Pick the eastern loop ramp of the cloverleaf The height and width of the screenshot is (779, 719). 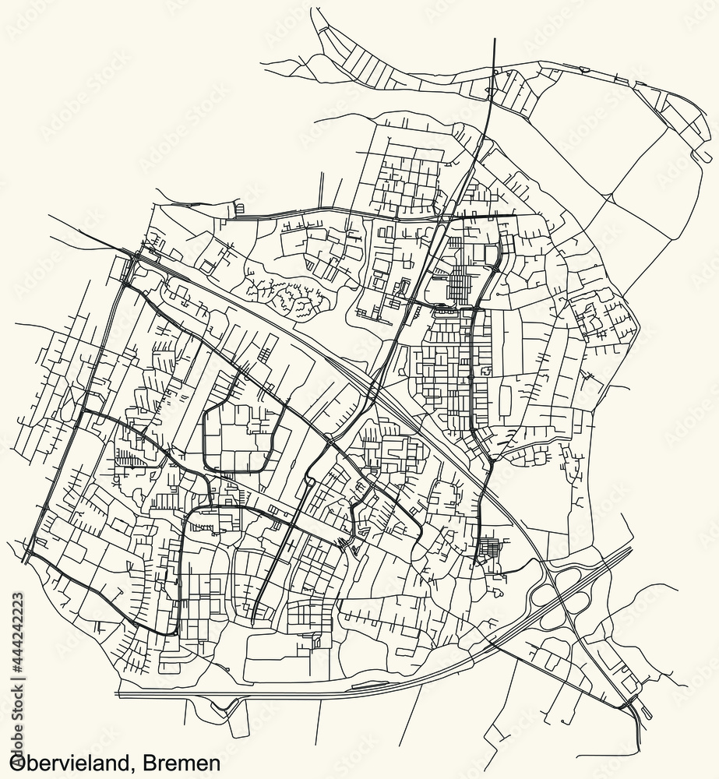pos(580,604)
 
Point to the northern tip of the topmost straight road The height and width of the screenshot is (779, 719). pos(495,38)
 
